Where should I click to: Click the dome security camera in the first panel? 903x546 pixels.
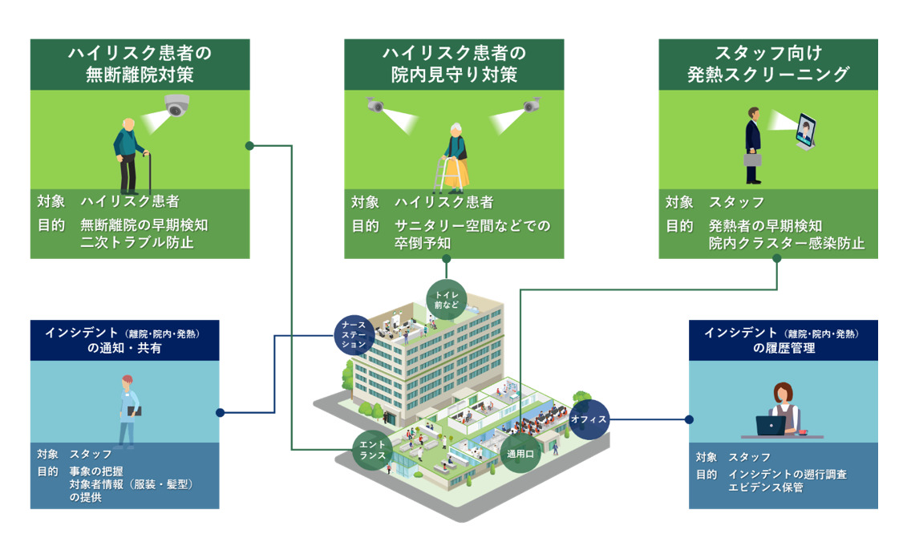coord(176,105)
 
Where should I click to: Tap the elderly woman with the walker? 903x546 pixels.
coord(456,157)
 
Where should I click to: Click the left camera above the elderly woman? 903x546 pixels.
coord(375,105)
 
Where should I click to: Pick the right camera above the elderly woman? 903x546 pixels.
coord(532,104)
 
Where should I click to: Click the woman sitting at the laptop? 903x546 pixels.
coord(782,411)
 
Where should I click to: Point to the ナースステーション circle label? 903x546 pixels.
coord(354,333)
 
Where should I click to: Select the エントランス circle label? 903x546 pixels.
coord(373,449)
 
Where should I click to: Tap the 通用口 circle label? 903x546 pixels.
coord(519,453)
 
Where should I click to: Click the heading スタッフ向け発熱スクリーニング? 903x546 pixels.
coord(767,64)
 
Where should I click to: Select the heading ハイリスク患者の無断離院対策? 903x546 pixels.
coord(140,64)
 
